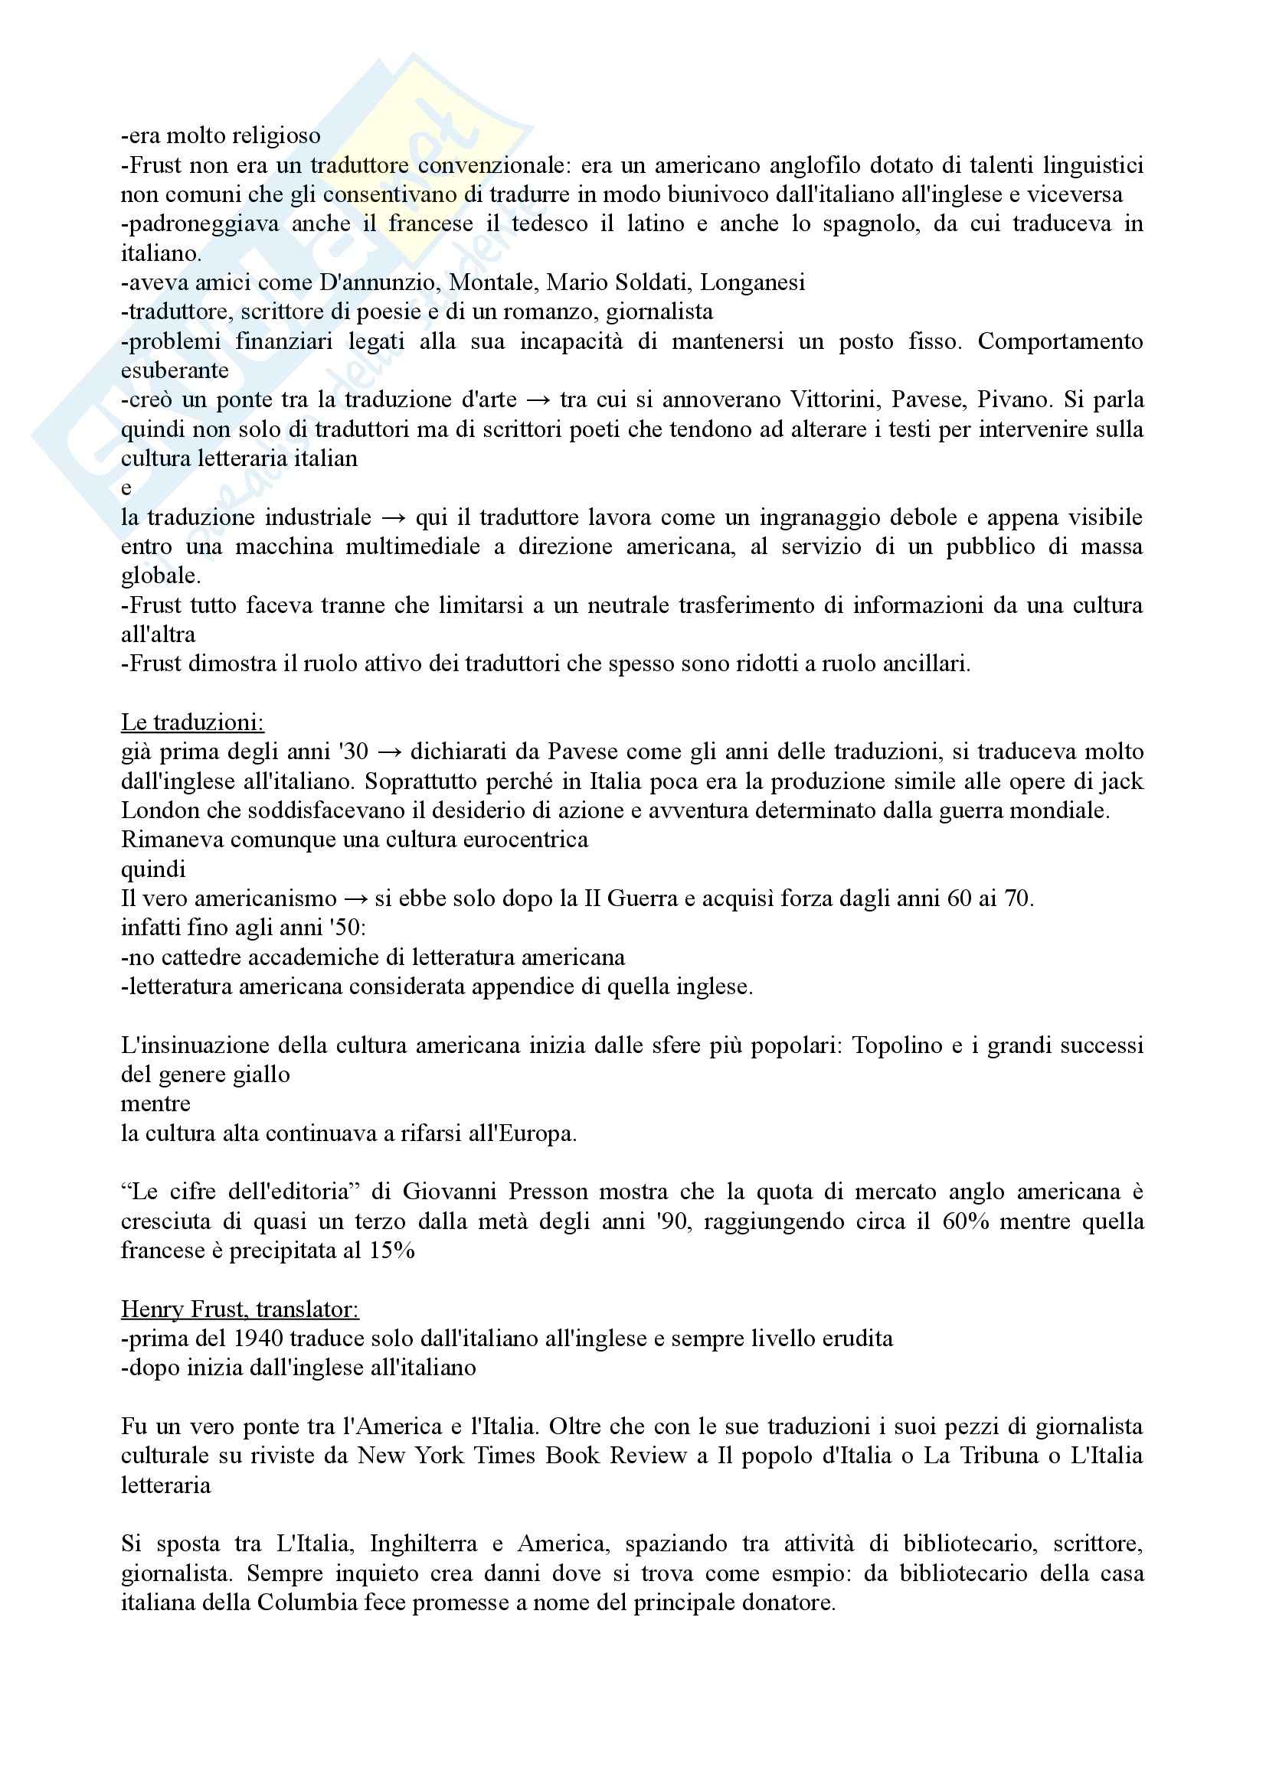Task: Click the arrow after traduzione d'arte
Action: click(538, 400)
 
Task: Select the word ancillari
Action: click(927, 664)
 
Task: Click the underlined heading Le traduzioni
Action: click(192, 722)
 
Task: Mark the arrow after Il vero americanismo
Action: click(355, 899)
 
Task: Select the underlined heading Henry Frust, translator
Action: click(240, 1309)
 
